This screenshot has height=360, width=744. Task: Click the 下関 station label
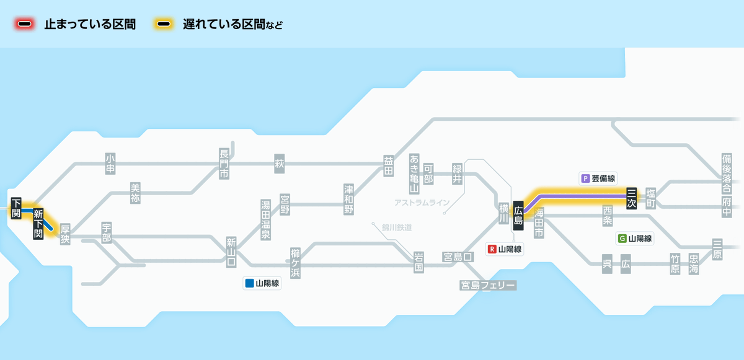[16, 208]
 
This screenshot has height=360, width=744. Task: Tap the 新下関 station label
[38, 224]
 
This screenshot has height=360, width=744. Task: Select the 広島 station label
[518, 214]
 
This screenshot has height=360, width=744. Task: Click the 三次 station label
[631, 198]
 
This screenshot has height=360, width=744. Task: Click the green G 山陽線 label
[635, 238]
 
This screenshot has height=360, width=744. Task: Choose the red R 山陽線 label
[505, 249]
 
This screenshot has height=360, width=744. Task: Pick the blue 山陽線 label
[262, 284]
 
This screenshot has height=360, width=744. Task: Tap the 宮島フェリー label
[487, 285]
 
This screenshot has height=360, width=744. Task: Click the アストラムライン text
[422, 203]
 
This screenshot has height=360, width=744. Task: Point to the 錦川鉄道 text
[397, 227]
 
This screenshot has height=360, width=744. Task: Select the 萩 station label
[279, 164]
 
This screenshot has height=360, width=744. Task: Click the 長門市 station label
[224, 164]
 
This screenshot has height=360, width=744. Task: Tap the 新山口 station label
[231, 252]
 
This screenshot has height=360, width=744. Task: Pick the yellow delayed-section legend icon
[164, 25]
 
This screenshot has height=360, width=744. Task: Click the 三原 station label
[717, 249]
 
